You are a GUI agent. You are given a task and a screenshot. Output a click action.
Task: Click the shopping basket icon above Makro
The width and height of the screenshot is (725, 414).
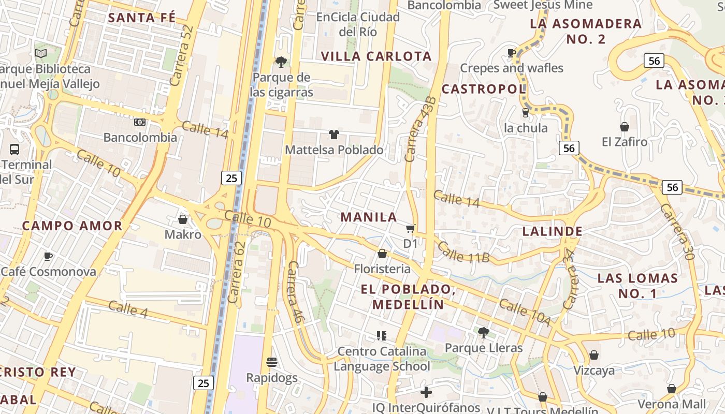182,219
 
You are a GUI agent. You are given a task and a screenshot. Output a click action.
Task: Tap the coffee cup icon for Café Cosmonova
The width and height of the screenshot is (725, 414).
48,256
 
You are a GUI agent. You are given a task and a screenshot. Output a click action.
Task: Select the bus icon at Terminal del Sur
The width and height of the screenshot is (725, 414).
15,150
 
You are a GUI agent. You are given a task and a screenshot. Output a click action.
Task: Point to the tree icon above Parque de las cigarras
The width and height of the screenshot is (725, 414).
281,62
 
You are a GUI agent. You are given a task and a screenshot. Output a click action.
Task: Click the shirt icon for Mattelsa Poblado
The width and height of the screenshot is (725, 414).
334,135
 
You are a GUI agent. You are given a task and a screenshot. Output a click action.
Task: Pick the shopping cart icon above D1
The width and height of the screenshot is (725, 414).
411,228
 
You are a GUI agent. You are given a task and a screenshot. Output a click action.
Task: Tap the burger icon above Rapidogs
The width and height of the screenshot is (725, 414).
272,362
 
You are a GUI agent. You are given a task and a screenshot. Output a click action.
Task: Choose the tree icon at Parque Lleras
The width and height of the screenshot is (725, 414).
483,332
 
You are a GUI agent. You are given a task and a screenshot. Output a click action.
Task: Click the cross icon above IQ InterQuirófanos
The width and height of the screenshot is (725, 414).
426,392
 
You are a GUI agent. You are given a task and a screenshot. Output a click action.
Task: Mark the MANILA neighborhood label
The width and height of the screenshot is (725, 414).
369,217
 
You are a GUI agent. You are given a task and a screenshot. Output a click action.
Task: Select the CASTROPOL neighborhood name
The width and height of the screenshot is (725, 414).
484,89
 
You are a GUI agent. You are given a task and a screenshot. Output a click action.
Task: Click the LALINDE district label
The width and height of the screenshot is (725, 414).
552,231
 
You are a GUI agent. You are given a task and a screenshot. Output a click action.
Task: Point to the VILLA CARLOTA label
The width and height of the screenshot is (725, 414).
376,56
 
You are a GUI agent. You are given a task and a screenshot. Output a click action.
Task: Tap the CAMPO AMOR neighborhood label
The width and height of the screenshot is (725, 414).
72,226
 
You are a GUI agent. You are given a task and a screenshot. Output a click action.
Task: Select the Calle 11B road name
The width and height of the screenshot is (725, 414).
463,251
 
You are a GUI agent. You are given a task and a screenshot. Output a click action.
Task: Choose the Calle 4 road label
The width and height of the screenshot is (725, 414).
128,308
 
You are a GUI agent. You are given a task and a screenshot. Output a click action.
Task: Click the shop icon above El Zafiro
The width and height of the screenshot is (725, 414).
625,127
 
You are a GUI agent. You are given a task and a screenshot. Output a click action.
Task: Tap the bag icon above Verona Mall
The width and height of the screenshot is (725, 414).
672,389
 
